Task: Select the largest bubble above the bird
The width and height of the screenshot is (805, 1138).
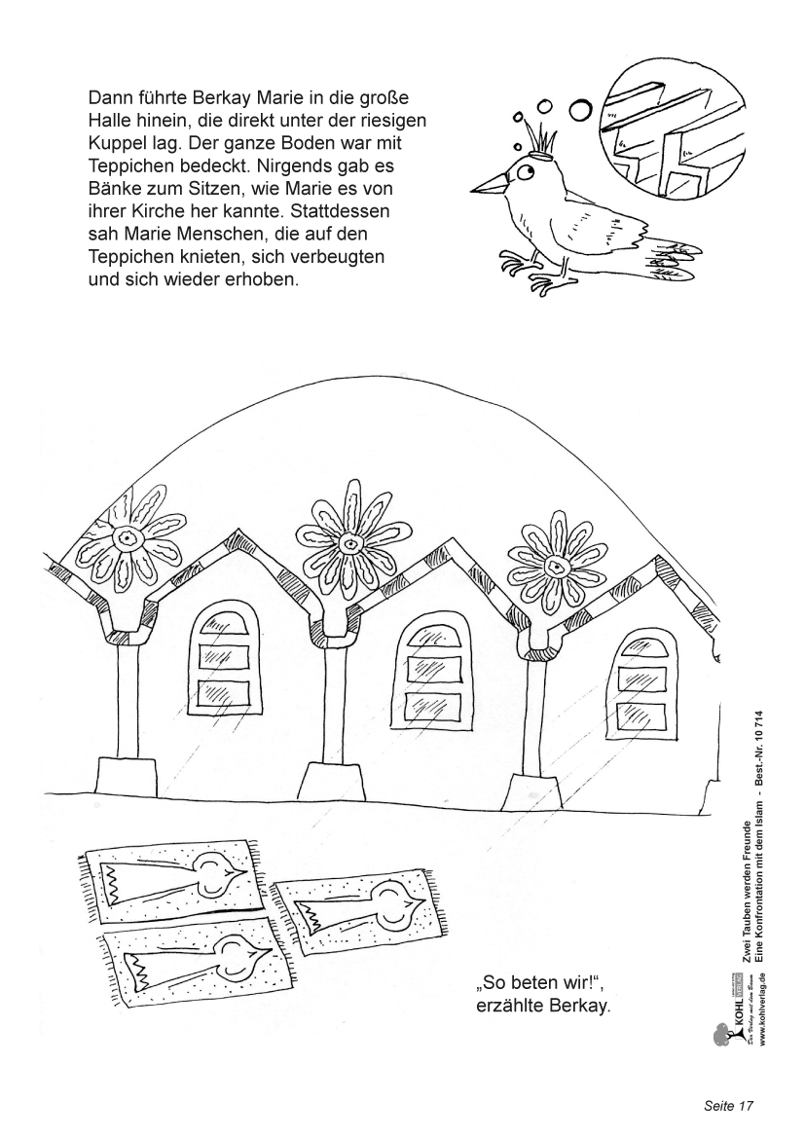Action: tap(581, 110)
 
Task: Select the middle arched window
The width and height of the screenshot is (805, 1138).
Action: tap(435, 666)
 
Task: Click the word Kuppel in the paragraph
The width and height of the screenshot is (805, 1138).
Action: tap(117, 142)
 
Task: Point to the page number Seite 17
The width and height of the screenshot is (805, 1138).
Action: tap(729, 1106)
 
